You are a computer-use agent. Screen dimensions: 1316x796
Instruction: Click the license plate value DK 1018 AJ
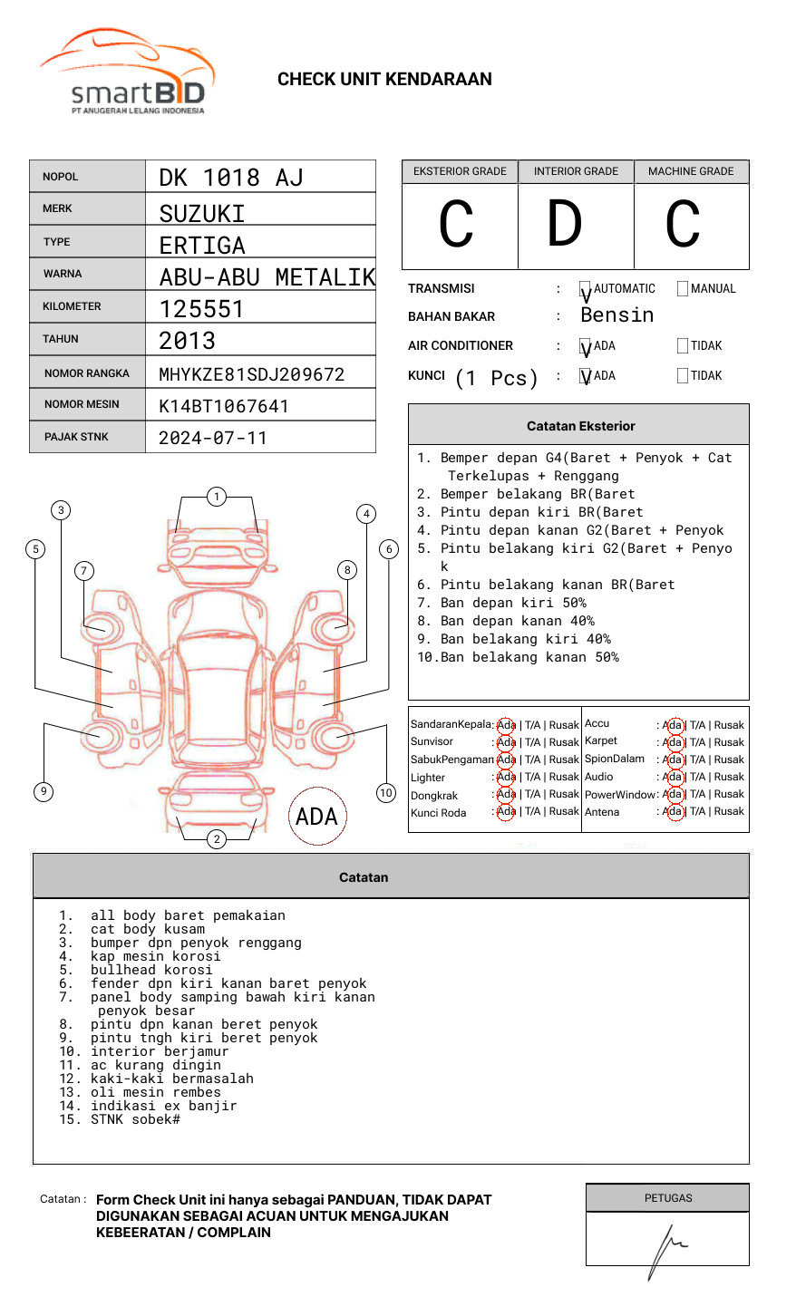point(230,178)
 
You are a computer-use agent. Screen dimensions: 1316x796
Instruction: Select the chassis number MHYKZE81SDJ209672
point(251,374)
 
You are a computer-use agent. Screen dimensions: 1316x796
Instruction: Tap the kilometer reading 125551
point(201,309)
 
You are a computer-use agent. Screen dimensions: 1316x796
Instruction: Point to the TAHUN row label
point(61,339)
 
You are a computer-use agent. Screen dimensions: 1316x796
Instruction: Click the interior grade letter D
point(564,225)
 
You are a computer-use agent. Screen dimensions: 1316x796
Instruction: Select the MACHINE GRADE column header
point(691,171)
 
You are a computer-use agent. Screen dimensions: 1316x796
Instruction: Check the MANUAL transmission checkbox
point(683,289)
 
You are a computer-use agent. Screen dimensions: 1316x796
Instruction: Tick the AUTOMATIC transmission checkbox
point(586,290)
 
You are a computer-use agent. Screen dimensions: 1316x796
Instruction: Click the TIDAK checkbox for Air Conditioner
point(683,346)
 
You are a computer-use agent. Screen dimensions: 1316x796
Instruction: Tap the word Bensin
point(616,315)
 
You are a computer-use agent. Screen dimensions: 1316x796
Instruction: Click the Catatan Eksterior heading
point(580,426)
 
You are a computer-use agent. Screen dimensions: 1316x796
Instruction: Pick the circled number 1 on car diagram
point(216,497)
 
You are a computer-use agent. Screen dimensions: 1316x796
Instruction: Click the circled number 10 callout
point(386,793)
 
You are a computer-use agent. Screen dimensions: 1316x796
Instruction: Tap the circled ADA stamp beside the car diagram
point(317,816)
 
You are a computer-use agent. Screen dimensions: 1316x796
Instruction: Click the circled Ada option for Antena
point(673,812)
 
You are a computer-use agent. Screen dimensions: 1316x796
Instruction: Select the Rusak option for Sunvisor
point(564,742)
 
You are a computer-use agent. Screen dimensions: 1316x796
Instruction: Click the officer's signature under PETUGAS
point(667,1249)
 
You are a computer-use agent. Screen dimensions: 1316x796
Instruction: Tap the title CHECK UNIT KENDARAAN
point(384,80)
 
